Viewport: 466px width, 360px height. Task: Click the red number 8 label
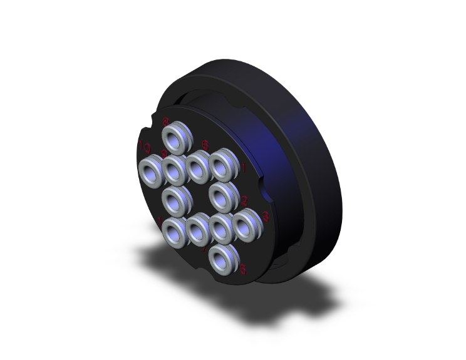point(166,121)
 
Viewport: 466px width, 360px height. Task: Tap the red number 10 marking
point(143,147)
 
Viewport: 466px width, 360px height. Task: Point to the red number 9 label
point(164,153)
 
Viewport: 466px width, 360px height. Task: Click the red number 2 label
point(244,200)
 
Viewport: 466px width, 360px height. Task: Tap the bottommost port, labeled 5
point(221,260)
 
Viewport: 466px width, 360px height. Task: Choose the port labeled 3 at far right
point(246,225)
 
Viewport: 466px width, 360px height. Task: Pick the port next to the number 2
point(222,197)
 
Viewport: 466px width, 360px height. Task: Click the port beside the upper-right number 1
point(222,165)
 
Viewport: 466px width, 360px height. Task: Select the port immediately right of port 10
point(175,168)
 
